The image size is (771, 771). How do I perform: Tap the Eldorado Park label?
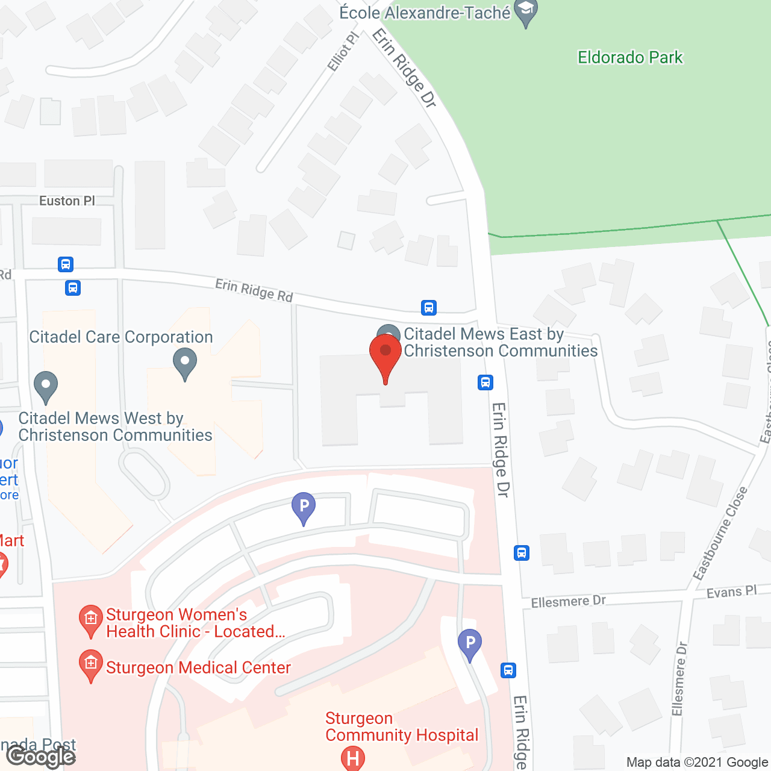coord(630,57)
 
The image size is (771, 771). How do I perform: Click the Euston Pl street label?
coord(67,201)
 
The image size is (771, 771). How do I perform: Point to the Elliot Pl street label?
coord(343,52)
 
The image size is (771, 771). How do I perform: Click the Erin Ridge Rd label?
coord(254,290)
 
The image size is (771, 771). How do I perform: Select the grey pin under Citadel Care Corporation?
coord(185,363)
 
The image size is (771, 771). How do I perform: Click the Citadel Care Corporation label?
coord(121,337)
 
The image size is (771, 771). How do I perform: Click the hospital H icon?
coord(353,758)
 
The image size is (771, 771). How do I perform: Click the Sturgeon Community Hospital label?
coord(401,726)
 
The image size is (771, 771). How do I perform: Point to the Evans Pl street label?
coord(731,592)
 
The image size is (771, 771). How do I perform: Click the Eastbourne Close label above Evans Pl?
coord(720,534)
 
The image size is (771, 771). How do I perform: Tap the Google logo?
coord(42,756)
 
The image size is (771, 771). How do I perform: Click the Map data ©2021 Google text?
coord(697,762)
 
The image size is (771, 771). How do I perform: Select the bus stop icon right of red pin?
coord(485,382)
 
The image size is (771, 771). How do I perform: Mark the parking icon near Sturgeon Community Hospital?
coord(470,644)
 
